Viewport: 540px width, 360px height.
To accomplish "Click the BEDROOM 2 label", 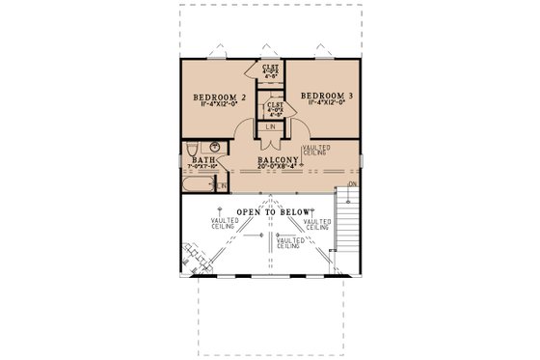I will click(x=221, y=97).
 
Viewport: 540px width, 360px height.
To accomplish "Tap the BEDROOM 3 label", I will click(x=327, y=96).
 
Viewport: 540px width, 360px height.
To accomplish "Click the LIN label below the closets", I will click(x=271, y=125).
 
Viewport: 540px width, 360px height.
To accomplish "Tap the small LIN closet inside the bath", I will click(x=222, y=185).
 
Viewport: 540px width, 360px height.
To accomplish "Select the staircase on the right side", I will click(x=344, y=222).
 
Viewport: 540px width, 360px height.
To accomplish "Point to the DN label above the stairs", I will click(x=352, y=182).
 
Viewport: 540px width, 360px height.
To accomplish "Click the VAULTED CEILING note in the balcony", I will click(x=315, y=151).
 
